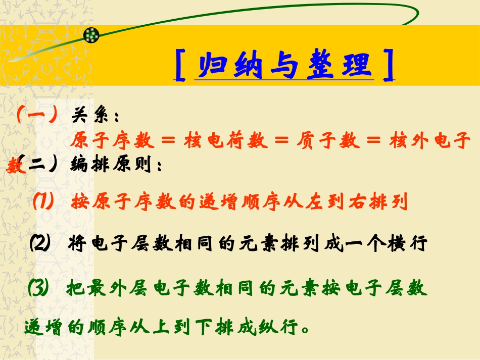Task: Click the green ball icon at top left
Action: [x=91, y=35]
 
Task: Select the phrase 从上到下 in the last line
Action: [x=180, y=329]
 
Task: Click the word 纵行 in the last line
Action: [x=282, y=329]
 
